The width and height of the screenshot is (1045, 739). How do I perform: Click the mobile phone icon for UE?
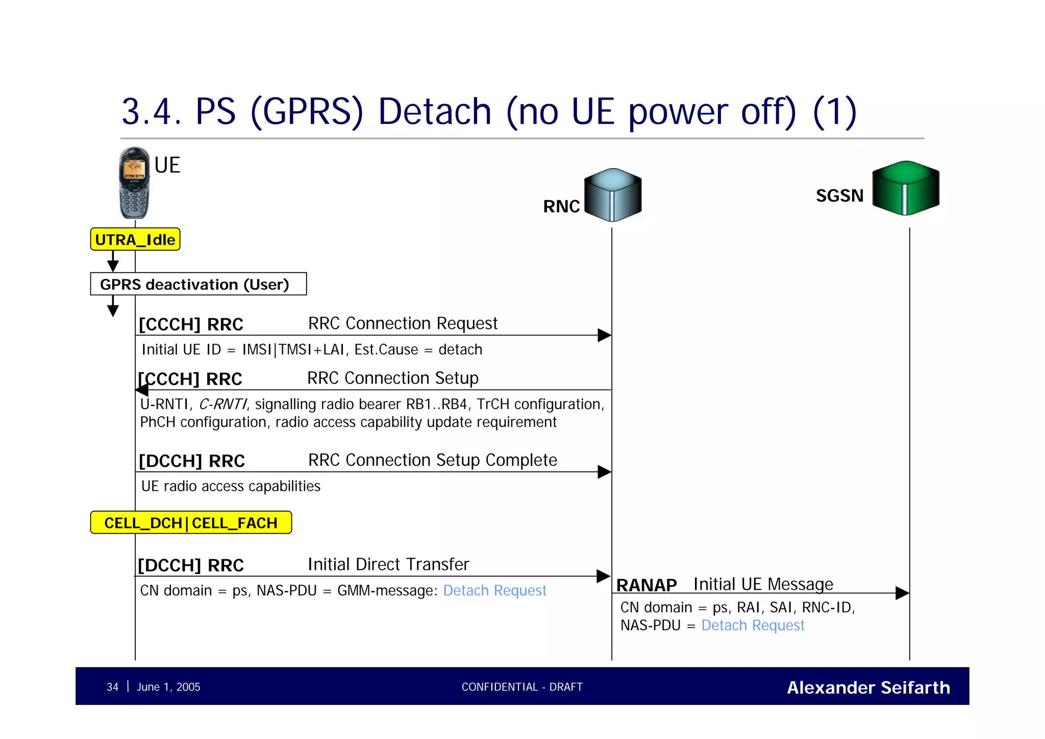[134, 183]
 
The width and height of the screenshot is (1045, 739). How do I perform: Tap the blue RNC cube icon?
[612, 195]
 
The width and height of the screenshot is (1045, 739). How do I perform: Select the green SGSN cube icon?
[906, 188]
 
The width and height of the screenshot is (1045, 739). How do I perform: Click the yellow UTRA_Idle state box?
[135, 240]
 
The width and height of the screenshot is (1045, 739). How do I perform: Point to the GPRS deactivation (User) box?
[198, 284]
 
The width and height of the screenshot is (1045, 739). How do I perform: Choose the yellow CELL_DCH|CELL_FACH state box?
[191, 522]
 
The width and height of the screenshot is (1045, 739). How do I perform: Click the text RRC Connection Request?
[403, 323]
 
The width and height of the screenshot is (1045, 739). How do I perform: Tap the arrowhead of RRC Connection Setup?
[142, 390]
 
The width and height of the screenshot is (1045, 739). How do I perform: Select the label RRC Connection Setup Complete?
[432, 460]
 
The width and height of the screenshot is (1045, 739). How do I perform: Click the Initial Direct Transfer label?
[388, 564]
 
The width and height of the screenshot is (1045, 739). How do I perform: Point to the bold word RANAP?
[646, 585]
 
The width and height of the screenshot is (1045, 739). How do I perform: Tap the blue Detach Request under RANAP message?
[753, 625]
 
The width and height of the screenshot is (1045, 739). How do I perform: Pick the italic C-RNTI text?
[222, 404]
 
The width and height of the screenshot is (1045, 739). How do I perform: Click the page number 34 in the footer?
[112, 687]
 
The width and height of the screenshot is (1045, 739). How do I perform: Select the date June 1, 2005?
[168, 687]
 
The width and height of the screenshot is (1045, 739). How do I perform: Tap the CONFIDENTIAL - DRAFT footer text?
[522, 687]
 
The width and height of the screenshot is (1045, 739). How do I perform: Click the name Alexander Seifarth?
[868, 687]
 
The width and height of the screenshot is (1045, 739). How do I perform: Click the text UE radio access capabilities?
[231, 486]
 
